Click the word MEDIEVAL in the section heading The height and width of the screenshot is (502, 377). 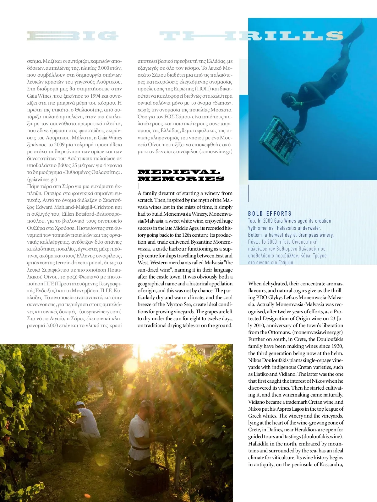click(179, 172)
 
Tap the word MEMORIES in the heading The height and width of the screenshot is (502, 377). click(181, 179)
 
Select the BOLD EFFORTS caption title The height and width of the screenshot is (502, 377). click(270, 214)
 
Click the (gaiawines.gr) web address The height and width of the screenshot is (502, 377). click(42, 179)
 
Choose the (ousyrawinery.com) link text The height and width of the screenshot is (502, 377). click(100, 311)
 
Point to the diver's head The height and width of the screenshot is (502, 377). click(287, 98)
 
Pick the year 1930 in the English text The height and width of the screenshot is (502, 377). click(337, 346)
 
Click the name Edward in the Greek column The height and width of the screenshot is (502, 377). click(44, 207)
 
